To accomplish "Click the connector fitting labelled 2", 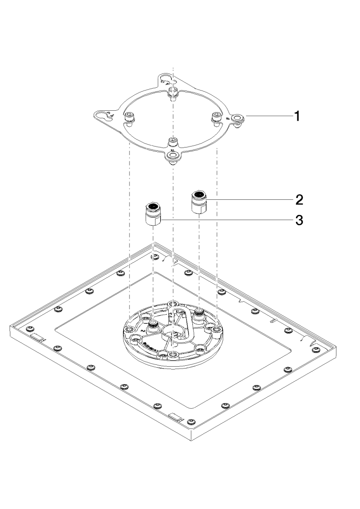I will (x=198, y=202).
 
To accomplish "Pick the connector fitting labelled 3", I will (x=152, y=214).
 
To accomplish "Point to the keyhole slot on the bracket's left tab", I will (x=105, y=116).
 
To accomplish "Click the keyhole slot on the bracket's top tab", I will (x=166, y=77).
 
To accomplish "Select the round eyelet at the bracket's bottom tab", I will (x=172, y=155).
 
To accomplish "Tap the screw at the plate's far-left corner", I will (x=30, y=328).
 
